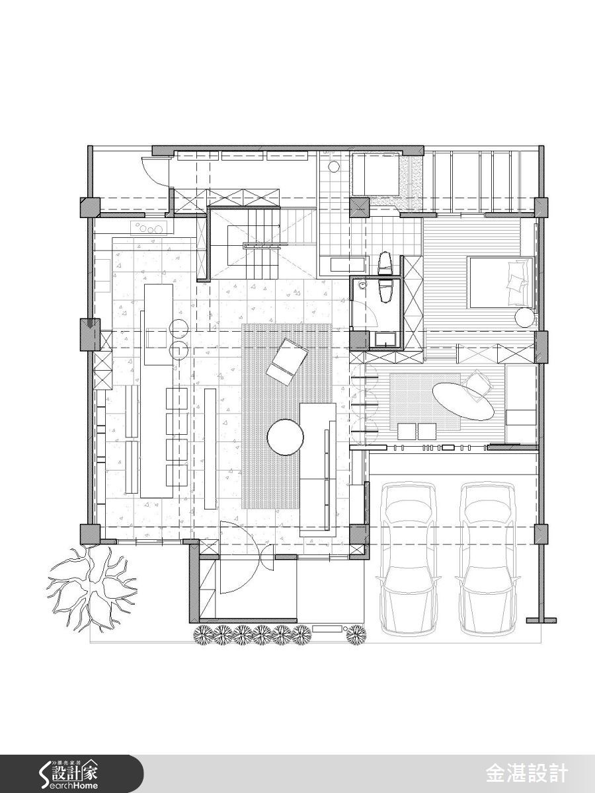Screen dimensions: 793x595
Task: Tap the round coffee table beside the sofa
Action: point(286,437)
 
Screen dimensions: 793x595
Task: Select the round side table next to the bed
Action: point(525,317)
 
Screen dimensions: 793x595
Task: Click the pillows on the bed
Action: point(518,274)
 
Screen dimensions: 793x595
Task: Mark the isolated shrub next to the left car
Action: point(355,634)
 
